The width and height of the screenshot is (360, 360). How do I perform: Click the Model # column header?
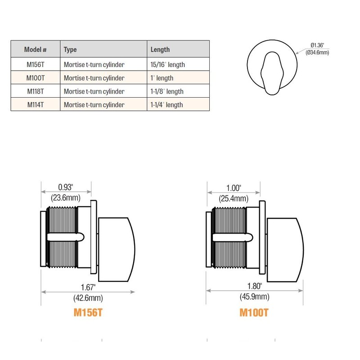pos(35,49)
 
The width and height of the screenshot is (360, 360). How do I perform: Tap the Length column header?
pos(160,49)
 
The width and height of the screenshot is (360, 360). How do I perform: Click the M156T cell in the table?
pos(35,64)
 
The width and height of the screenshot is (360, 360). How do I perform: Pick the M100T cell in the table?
pos(35,78)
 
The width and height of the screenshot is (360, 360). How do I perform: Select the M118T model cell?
pos(35,91)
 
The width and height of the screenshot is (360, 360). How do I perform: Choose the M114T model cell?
pos(35,105)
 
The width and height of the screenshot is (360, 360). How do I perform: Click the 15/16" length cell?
pos(167,64)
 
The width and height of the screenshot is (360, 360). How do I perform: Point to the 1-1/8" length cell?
pos(167,91)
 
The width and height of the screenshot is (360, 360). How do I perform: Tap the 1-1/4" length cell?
pos(166,105)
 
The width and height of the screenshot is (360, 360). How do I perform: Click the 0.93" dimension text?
pos(66,187)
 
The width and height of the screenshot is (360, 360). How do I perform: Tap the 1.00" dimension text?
pos(233,188)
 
